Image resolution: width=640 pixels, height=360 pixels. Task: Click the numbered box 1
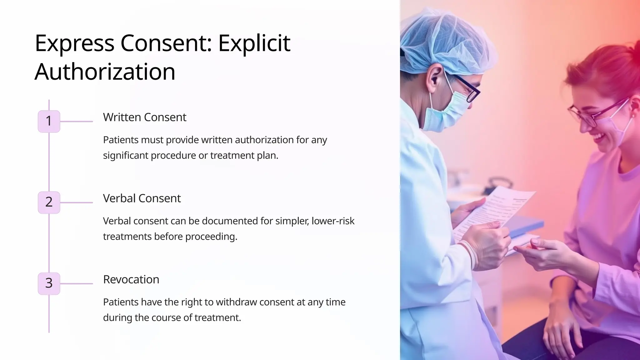tap(49, 121)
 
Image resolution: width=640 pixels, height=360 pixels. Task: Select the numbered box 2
tap(49, 202)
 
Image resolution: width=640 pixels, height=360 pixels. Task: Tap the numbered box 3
tap(49, 283)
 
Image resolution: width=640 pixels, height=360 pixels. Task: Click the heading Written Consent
tap(144, 117)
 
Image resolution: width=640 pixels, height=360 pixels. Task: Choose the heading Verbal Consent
tap(142, 198)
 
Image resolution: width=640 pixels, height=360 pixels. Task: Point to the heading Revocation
tap(131, 279)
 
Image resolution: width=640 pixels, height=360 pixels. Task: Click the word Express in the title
tap(74, 43)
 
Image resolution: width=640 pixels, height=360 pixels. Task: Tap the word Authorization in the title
tap(105, 72)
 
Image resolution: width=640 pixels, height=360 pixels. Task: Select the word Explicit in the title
tap(254, 43)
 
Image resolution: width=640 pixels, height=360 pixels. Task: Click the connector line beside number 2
tap(76, 202)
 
